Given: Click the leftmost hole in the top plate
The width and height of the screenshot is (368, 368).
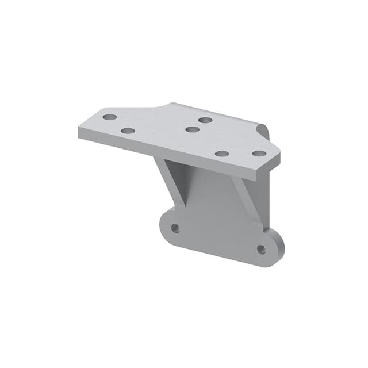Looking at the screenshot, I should coord(110,117).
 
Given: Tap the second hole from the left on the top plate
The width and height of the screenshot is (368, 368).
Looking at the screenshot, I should coord(128,131).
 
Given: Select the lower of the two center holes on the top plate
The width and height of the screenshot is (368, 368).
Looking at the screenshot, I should coord(193,129).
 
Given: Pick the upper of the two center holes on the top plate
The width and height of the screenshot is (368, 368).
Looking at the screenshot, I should coord(205,120).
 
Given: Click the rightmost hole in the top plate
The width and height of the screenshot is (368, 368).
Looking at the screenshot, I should coord(259,154).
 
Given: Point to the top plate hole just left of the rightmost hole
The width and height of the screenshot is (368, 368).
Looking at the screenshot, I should coord(223,154).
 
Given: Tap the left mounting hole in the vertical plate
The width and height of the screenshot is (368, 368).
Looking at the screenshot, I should coord(175,228).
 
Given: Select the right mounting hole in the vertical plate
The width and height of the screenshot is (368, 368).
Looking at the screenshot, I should coord(261,250).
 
